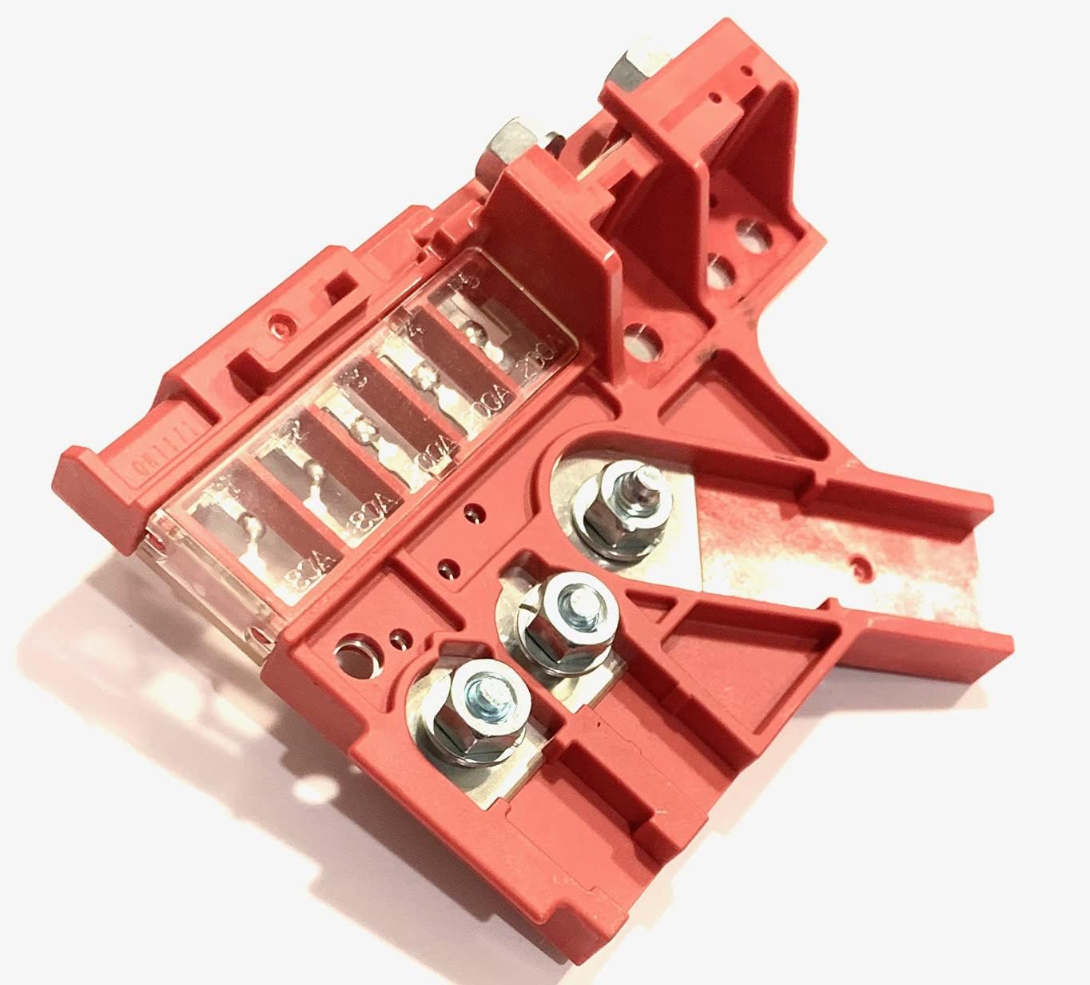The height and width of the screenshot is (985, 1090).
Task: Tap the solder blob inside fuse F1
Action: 253,524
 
